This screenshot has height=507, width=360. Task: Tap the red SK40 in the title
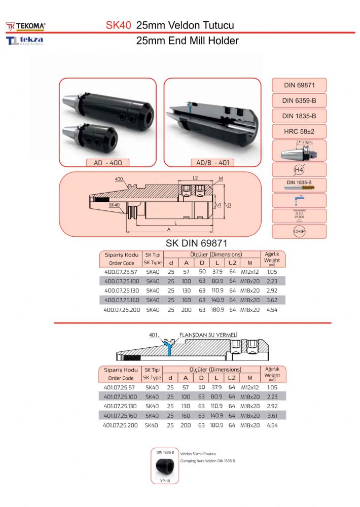point(119,25)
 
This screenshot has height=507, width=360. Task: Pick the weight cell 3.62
point(273,300)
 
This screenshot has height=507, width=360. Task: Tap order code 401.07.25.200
point(120,425)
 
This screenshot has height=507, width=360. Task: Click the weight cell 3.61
point(273,415)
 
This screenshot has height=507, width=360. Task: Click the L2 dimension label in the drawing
point(195,178)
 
